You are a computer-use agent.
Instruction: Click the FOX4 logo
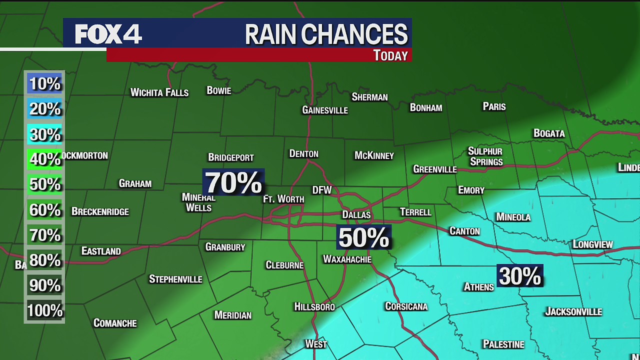[108, 34]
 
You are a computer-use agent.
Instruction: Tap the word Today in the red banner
[390, 55]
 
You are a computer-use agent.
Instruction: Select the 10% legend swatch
[44, 83]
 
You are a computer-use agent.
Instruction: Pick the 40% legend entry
[44, 159]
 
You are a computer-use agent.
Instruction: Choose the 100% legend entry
[44, 311]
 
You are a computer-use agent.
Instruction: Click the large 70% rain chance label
[233, 182]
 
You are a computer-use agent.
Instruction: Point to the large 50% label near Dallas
[363, 237]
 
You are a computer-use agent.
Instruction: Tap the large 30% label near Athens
[520, 276]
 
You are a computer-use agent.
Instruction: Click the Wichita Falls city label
[159, 92]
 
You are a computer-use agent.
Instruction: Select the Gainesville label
[325, 110]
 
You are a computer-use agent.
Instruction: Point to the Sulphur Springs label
[485, 156]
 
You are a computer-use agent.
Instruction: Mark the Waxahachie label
[347, 259]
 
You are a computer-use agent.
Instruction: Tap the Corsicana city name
[406, 306]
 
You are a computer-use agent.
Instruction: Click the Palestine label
[503, 344]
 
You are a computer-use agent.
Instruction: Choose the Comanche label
[115, 323]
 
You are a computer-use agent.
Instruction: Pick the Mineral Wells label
[198, 202]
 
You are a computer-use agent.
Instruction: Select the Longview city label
[592, 244]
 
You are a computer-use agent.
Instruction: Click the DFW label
[322, 190]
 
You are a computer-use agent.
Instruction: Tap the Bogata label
[549, 133]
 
